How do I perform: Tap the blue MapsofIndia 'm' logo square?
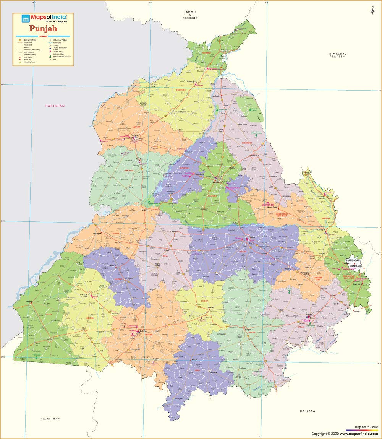click(x=26, y=18)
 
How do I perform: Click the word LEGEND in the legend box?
click(x=42, y=36)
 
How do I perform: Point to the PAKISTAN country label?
click(x=55, y=106)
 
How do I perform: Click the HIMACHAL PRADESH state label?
click(x=338, y=55)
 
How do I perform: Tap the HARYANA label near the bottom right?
click(x=308, y=411)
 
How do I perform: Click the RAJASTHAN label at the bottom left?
click(x=50, y=419)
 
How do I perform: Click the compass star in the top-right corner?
click(x=372, y=11)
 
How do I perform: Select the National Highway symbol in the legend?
click(x=19, y=40)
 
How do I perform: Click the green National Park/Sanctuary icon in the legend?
click(x=50, y=57)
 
